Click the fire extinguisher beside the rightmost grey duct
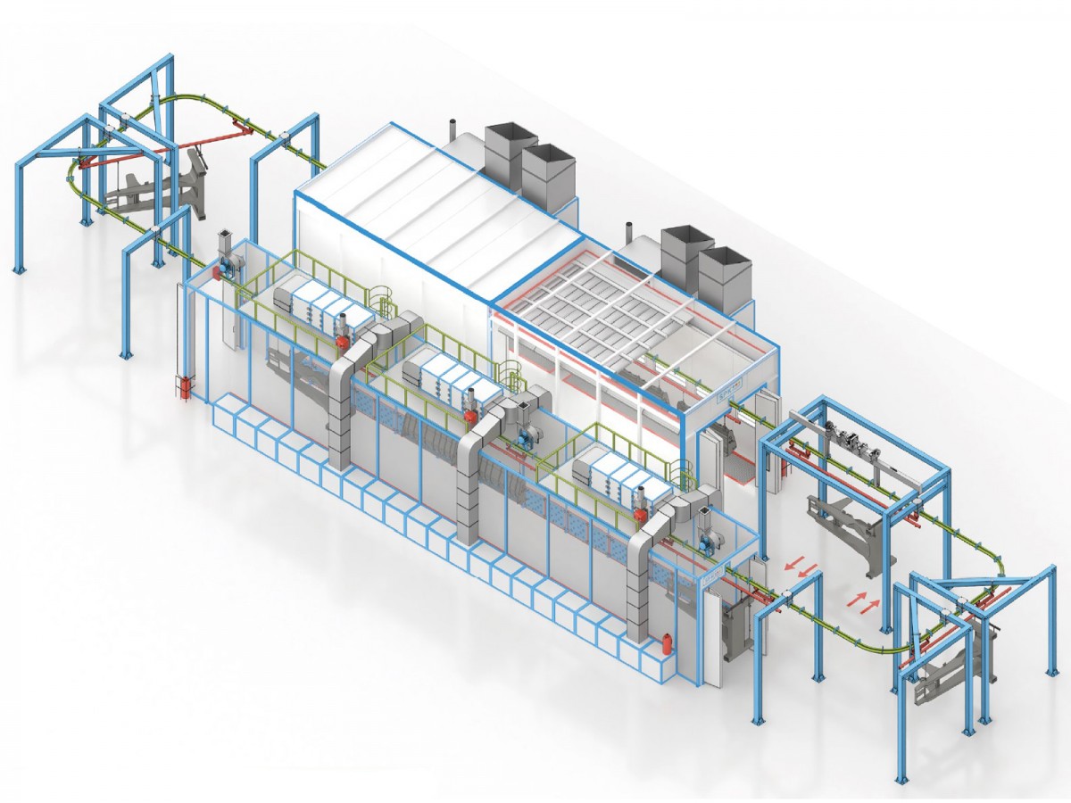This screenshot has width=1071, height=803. pos(665,646)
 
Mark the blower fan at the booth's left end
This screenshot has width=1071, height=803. pos(228,263)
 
